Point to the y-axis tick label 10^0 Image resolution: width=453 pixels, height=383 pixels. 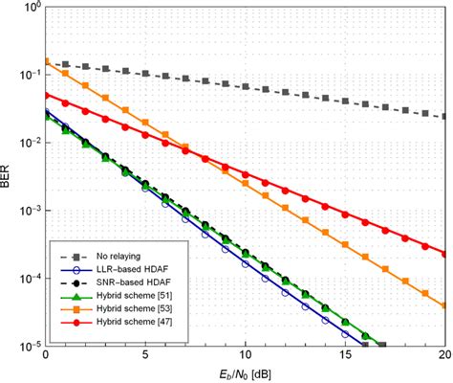point(31,8)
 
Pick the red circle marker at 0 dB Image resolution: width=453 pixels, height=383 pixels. point(46,94)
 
